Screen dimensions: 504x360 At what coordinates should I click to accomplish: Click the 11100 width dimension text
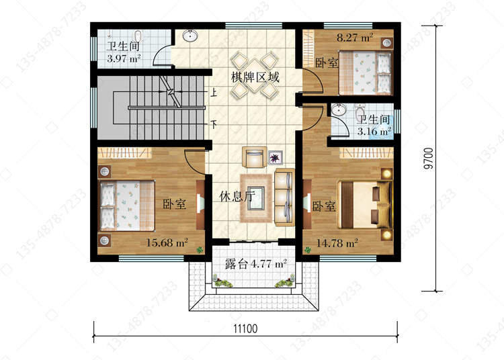pos(245,328)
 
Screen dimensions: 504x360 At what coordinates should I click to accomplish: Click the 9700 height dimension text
pos(429,159)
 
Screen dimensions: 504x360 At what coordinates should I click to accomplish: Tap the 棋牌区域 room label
pos(255,77)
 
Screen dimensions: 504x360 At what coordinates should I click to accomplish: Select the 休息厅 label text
pos(237,196)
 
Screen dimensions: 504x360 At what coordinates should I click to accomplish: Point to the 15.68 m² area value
pos(167,242)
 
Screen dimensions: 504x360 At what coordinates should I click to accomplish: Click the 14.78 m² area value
pos(337,243)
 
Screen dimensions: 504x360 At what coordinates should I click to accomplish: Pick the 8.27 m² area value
pos(355,38)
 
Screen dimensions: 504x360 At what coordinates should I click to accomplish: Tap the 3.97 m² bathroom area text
pos(124,58)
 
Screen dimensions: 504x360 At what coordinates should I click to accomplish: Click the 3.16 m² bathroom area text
pos(374,131)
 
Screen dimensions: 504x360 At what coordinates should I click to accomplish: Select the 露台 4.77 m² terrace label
pos(255,264)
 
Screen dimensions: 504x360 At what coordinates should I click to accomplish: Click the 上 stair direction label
pos(214,93)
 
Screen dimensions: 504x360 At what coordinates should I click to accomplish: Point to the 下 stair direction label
pos(214,124)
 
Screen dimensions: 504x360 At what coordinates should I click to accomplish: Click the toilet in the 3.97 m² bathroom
pos(138,37)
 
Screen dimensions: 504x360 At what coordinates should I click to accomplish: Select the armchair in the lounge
pos(254,157)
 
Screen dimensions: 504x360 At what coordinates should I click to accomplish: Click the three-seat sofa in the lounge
pos(284,197)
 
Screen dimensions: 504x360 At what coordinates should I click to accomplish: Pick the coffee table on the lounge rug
pos(255,198)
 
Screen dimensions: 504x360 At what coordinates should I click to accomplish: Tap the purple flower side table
pos(276,157)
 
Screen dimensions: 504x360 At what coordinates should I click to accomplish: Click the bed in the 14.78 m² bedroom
pos(364,205)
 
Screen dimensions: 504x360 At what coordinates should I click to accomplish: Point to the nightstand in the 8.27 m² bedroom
pos(387,44)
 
